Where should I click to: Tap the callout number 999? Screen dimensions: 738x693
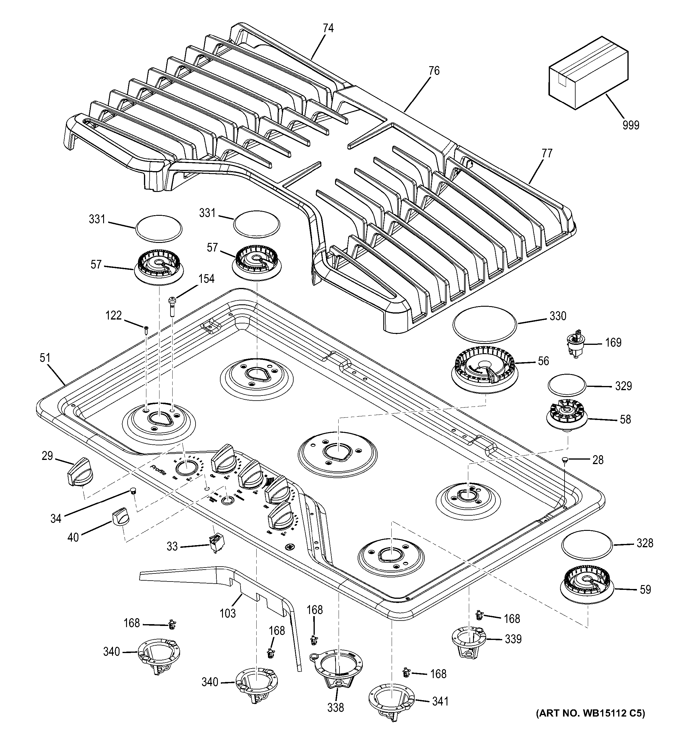pyautogui.click(x=631, y=125)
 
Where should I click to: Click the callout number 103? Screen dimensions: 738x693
pyautogui.click(x=227, y=613)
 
